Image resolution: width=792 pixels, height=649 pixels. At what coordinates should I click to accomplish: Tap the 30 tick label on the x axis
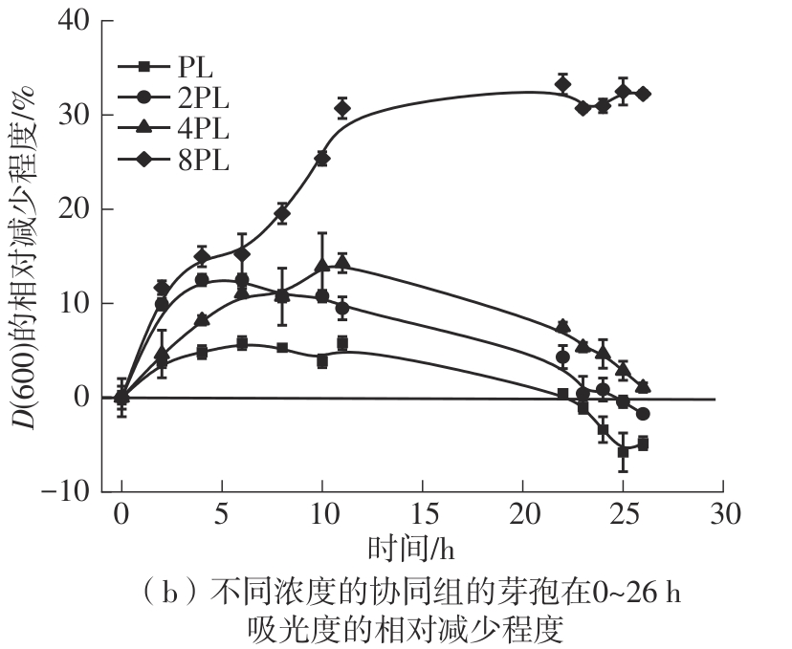point(723,514)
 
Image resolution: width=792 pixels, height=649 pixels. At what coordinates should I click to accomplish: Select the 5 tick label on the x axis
point(222,514)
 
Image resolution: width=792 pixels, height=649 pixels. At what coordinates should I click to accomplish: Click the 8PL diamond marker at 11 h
point(342,108)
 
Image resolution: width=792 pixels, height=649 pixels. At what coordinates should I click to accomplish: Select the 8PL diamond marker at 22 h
point(562,84)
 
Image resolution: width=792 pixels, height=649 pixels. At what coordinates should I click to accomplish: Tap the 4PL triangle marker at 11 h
point(342,262)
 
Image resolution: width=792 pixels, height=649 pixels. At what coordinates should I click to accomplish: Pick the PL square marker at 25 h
point(623,452)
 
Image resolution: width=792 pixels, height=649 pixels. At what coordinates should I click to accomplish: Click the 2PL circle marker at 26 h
point(643,414)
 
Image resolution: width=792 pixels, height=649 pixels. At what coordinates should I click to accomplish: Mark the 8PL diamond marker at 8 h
point(282,214)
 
